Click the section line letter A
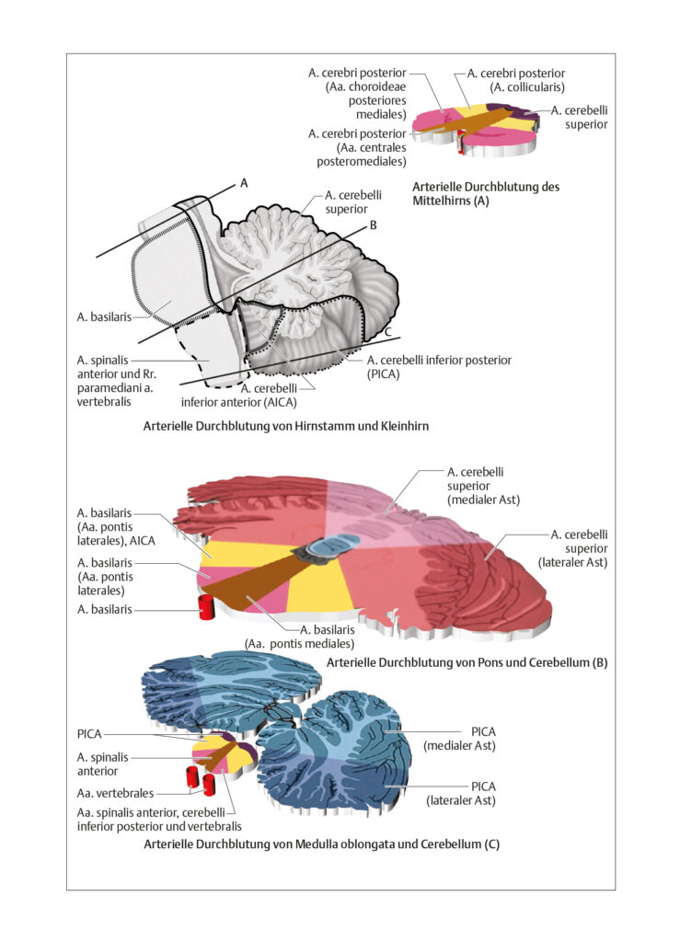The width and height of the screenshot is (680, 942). tap(244, 183)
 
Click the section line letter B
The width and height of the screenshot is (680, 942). tap(373, 225)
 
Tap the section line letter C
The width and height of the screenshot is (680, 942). tap(388, 331)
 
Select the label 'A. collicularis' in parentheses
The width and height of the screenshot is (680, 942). tap(527, 87)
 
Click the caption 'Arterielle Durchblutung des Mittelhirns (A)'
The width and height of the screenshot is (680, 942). tap(485, 193)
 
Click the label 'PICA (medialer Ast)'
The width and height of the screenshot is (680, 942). tap(459, 739)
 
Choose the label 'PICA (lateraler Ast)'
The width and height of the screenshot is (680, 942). tap(461, 794)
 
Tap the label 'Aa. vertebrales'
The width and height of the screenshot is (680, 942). tap(115, 793)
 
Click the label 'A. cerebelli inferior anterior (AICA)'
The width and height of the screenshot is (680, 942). tap(239, 396)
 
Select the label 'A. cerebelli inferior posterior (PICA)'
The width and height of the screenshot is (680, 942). tap(439, 367)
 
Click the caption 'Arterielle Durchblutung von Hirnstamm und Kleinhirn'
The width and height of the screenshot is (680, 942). tap(286, 426)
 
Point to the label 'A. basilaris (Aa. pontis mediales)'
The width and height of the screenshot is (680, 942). tap(299, 637)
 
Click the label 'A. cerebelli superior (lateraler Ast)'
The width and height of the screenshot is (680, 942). tap(572, 548)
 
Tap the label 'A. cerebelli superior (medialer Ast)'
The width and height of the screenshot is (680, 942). tap(483, 486)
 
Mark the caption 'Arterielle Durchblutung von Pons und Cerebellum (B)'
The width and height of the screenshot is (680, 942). tap(467, 662)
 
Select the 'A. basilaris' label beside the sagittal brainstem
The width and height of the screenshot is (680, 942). tap(104, 316)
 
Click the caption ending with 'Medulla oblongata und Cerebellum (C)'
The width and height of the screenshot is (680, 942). tap(321, 844)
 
